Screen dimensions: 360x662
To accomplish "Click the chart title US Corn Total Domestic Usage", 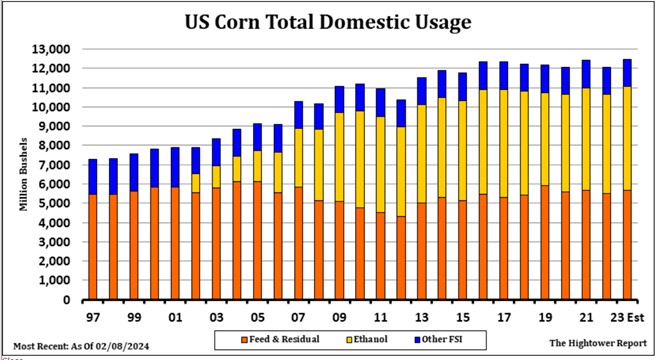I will [329, 21].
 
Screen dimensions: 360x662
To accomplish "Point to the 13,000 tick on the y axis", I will [50, 49].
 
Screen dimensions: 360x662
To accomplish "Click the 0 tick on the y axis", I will [66, 300].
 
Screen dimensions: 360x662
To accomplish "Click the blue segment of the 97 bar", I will [93, 177].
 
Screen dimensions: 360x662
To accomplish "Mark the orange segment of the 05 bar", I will [258, 240].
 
